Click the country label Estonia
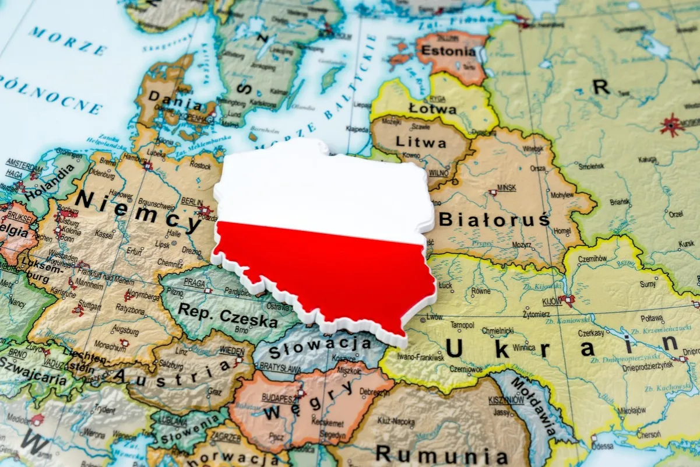coord(448,51)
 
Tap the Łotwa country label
coord(432,108)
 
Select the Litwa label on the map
coord(421,142)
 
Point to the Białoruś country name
coord(494,219)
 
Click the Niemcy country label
coord(138,211)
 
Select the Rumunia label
coord(441,454)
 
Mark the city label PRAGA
coord(194,282)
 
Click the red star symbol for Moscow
coord(672,125)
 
